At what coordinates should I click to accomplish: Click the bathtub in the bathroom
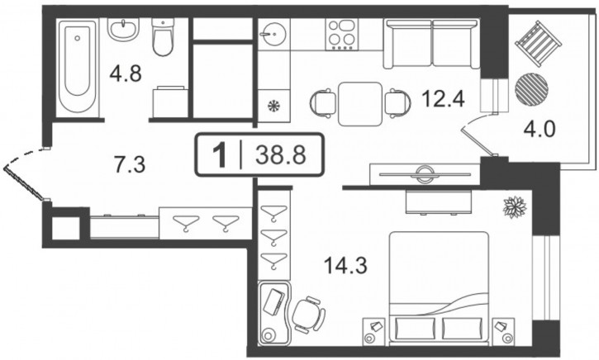click(78, 67)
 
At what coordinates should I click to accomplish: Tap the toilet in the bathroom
click(163, 36)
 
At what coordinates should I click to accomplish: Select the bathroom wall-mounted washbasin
click(123, 29)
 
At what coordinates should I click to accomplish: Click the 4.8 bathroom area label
click(126, 73)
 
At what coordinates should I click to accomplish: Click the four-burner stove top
click(342, 34)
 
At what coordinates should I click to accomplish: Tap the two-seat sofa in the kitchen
click(431, 44)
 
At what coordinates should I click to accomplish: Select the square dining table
click(360, 104)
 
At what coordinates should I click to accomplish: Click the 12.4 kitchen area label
click(443, 99)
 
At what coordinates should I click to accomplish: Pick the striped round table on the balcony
click(531, 89)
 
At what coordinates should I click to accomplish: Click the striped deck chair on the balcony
click(538, 44)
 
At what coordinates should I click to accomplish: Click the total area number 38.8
click(281, 155)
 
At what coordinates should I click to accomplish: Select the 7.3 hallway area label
click(130, 165)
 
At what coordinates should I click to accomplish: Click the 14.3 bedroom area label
click(345, 265)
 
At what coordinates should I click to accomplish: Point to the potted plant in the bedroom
click(515, 207)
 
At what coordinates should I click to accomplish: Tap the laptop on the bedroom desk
click(274, 302)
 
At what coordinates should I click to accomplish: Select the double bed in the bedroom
click(439, 287)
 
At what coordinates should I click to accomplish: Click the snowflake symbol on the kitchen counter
click(273, 106)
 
